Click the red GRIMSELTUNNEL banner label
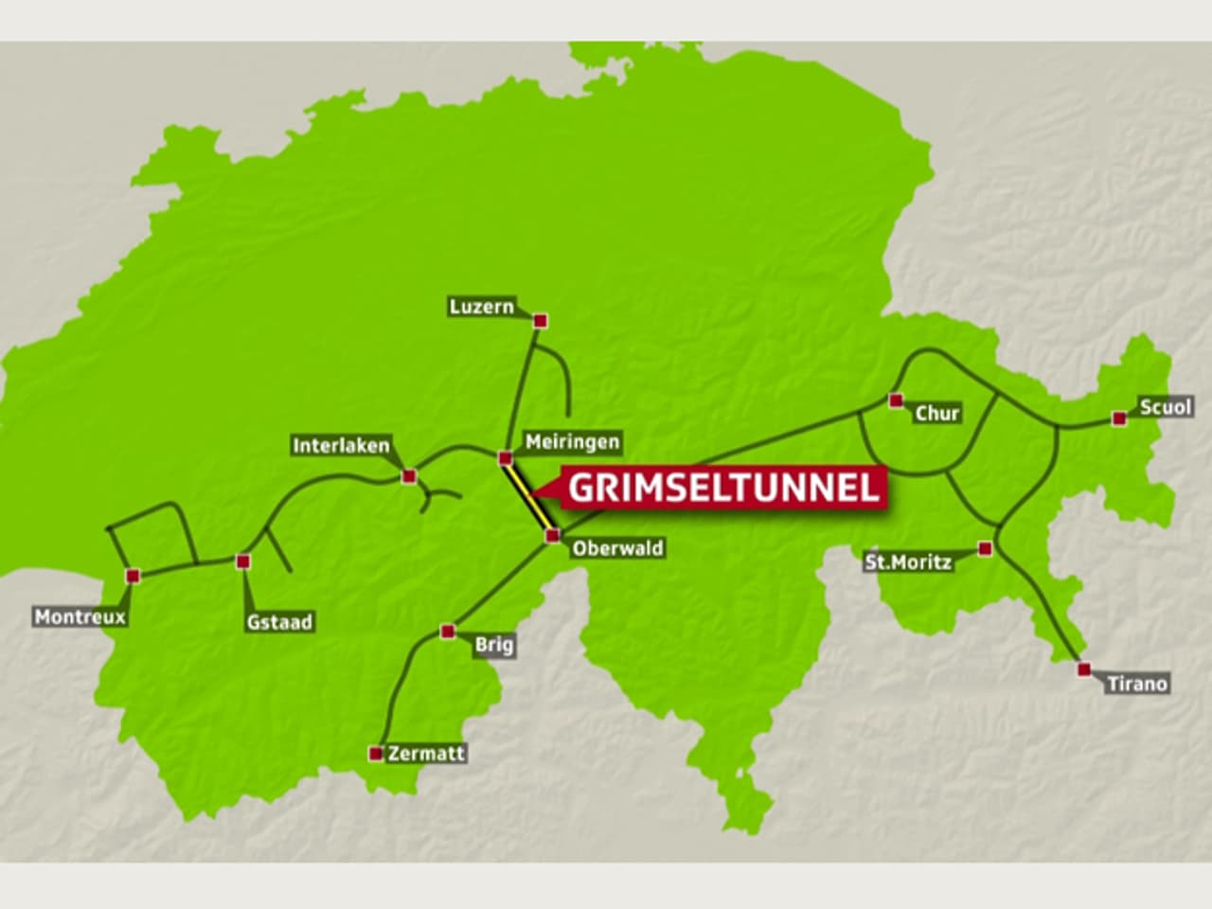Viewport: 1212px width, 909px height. pyautogui.click(x=724, y=488)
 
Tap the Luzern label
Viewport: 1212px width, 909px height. pyautogui.click(x=483, y=307)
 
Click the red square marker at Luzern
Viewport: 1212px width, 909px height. pyautogui.click(x=541, y=321)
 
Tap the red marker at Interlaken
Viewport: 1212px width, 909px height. pyautogui.click(x=409, y=475)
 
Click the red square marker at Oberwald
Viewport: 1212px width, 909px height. pyautogui.click(x=552, y=537)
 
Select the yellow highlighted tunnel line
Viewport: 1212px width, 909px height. pyautogui.click(x=528, y=498)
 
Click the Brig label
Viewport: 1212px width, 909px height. pyautogui.click(x=494, y=645)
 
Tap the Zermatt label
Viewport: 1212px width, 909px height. pyautogui.click(x=427, y=754)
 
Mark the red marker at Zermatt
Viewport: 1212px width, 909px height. pyautogui.click(x=376, y=754)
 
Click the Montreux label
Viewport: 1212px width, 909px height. pyautogui.click(x=80, y=617)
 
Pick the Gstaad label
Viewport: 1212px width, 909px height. pyautogui.click(x=279, y=622)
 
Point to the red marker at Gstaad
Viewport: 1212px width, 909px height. pyautogui.click(x=243, y=561)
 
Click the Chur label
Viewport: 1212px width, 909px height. pyautogui.click(x=937, y=413)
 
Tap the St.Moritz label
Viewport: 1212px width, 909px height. pyautogui.click(x=908, y=562)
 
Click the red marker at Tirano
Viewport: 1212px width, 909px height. pyautogui.click(x=1084, y=669)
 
